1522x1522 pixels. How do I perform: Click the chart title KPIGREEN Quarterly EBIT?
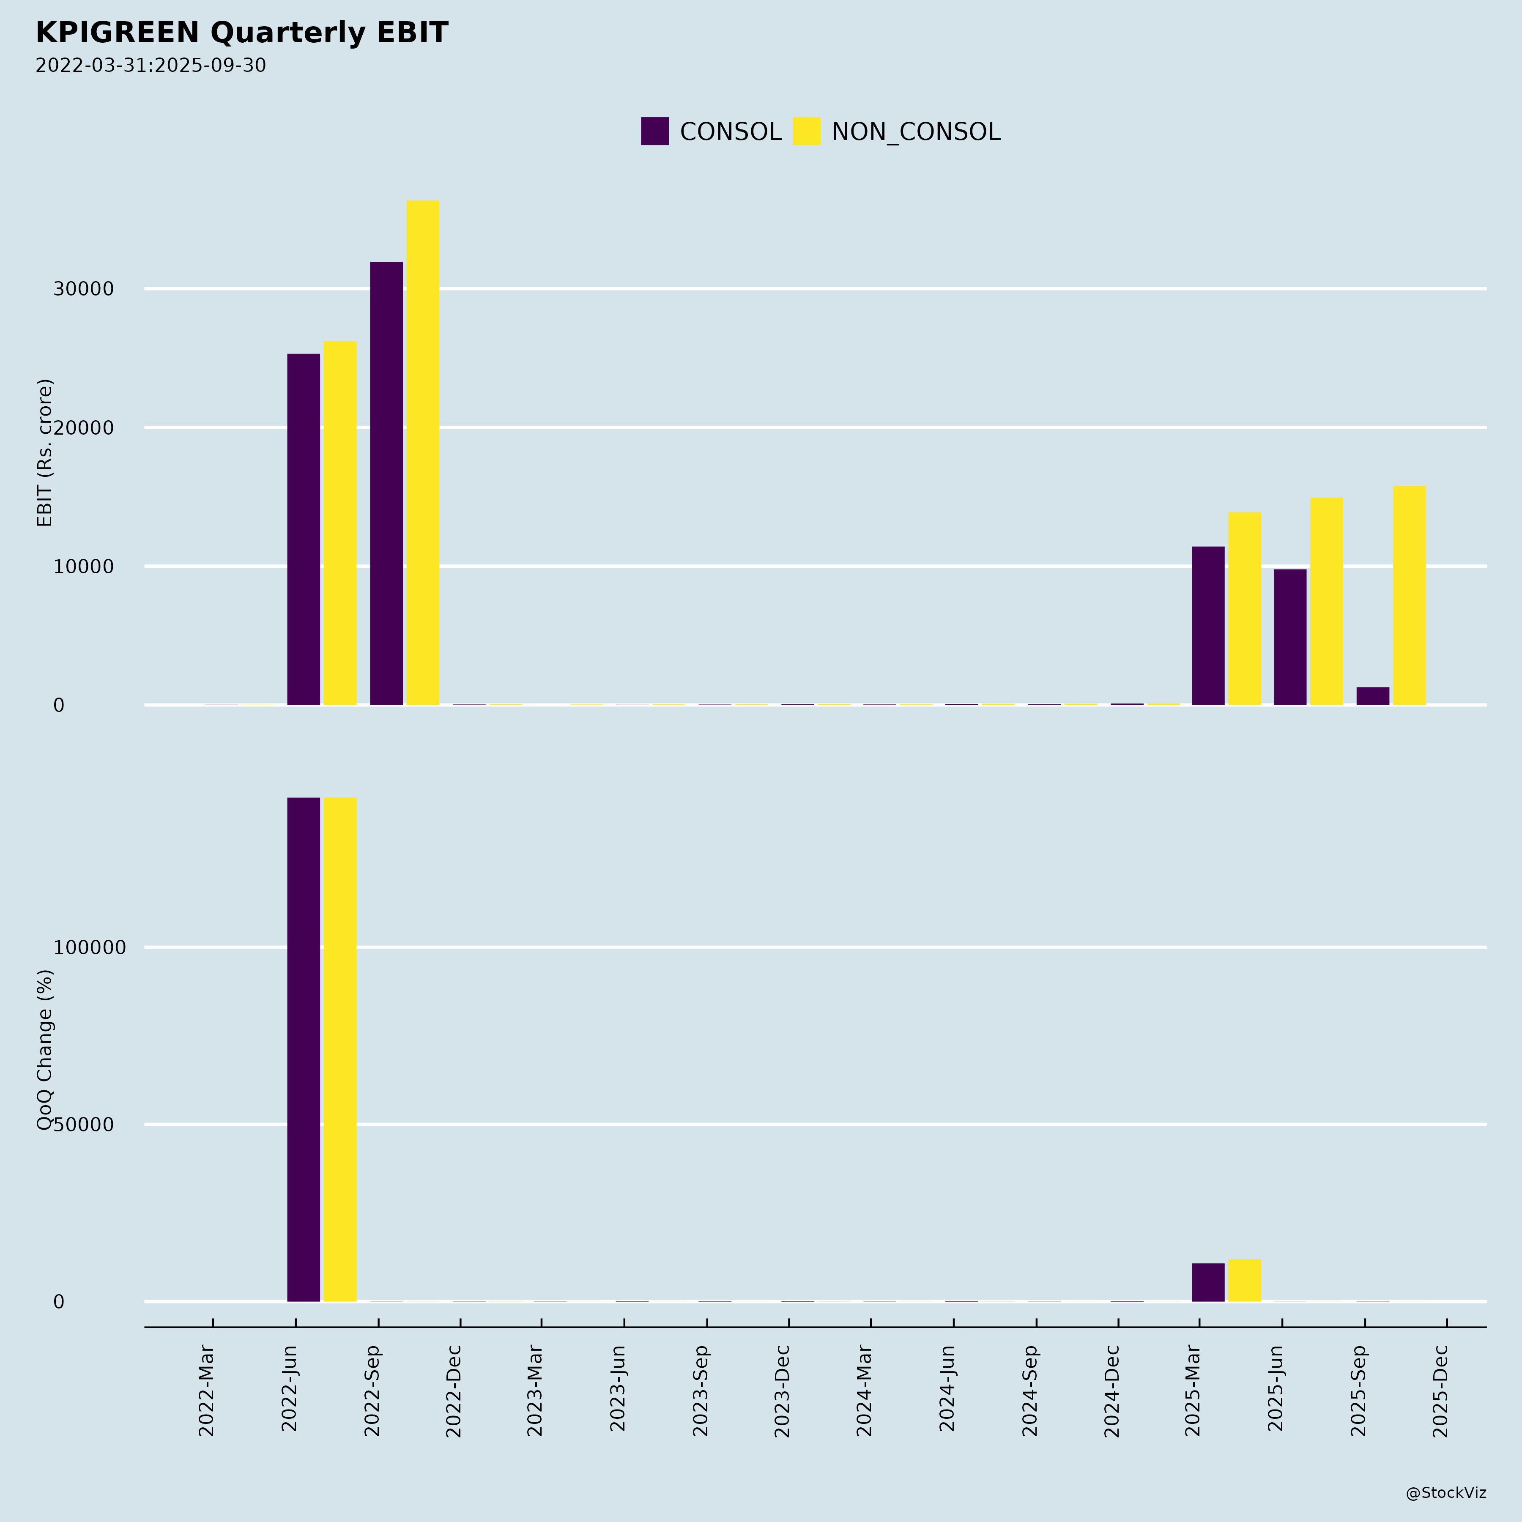(242, 33)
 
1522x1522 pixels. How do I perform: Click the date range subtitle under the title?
(151, 66)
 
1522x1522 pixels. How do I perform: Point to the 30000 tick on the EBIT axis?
(84, 289)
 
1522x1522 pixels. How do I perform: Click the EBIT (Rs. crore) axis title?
(45, 453)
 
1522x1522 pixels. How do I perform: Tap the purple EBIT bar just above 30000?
(386, 483)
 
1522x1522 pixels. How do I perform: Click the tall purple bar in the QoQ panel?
(303, 1049)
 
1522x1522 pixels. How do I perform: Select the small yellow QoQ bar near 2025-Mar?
(1245, 1280)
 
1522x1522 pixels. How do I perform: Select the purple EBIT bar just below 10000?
(1289, 637)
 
